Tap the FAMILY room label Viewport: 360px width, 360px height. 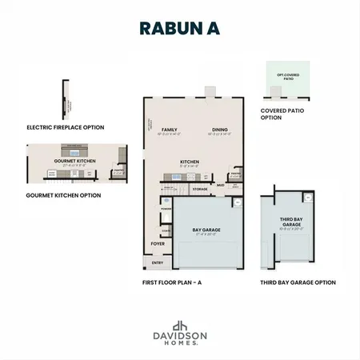(169, 129)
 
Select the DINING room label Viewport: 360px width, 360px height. (220, 129)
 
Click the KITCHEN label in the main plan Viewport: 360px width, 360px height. (190, 162)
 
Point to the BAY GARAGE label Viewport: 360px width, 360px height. (206, 230)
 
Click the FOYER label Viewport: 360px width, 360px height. (158, 243)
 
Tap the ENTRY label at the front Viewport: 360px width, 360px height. (157, 262)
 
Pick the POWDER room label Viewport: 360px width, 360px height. (166, 210)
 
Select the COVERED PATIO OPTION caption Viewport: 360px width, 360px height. (278, 114)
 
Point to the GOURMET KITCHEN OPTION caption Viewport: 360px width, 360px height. (63, 194)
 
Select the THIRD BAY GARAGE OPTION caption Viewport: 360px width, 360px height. (298, 282)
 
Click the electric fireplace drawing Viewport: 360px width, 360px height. (63, 98)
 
